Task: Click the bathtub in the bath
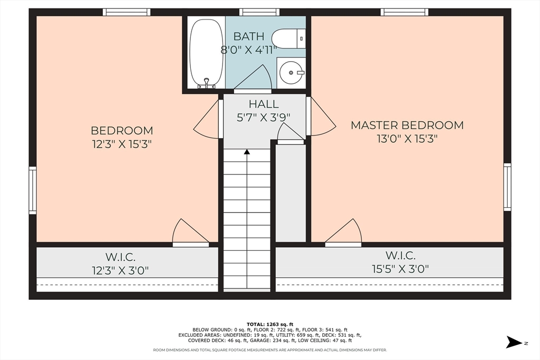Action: (x=207, y=53)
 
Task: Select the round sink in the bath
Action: (x=290, y=73)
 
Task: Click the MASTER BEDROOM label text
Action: (x=407, y=125)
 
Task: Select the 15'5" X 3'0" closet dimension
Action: (x=400, y=269)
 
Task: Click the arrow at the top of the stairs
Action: (x=247, y=152)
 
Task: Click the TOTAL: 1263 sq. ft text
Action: (x=269, y=324)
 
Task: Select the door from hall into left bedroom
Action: (x=208, y=120)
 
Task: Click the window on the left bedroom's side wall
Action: (x=33, y=190)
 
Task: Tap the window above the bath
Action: (x=259, y=12)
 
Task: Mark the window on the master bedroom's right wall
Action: (x=507, y=187)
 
